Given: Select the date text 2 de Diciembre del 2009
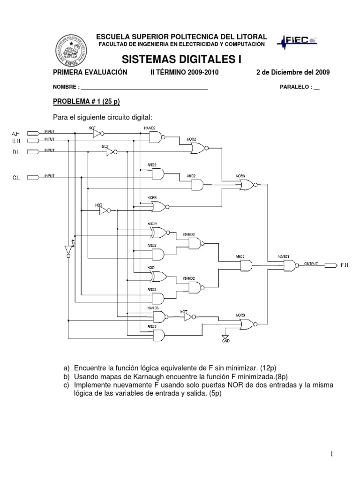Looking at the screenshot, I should pos(293,72).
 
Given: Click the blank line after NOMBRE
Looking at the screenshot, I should pos(145,88).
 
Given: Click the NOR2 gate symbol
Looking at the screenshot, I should pos(197,148).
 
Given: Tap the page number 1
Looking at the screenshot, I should pos(331,454).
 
